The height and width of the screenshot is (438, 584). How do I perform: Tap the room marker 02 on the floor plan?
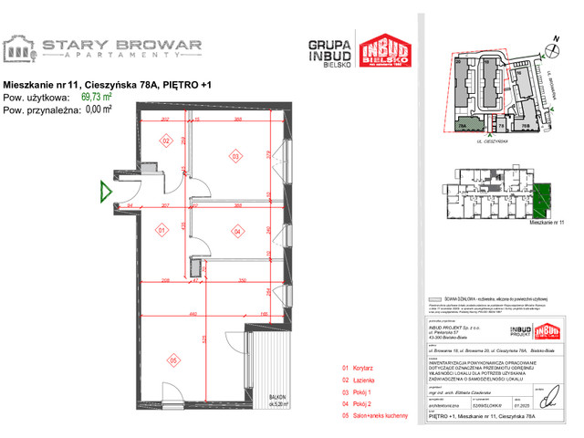pos(166,141)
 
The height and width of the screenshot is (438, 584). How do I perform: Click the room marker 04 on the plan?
pos(236,231)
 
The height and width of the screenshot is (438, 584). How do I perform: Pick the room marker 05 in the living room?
pos(172,360)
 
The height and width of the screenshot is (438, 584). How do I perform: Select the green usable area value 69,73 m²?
pos(96,96)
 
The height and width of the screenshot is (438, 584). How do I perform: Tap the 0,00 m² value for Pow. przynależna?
pos(96,108)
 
